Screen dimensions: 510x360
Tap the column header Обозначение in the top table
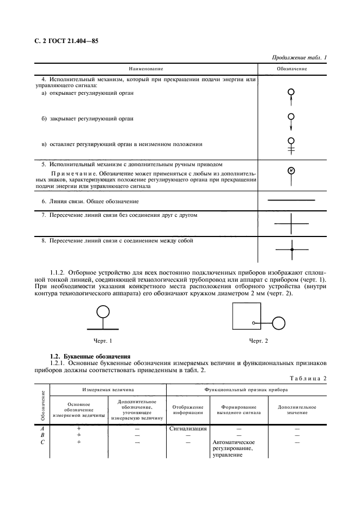coord(292,69)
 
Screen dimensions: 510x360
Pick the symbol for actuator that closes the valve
coord(291,122)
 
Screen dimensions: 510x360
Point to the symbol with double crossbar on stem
coord(291,145)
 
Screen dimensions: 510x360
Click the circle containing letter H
coord(291,171)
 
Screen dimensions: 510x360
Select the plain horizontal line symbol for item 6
coord(292,201)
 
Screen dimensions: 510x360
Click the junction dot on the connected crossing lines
coord(292,249)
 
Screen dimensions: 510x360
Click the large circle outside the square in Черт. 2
coord(279,323)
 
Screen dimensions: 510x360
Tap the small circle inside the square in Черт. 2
coord(253,323)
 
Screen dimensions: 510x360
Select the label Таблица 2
coord(309,378)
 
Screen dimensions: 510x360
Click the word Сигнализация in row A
coord(188,428)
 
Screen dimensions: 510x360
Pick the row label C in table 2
coord(42,442)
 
